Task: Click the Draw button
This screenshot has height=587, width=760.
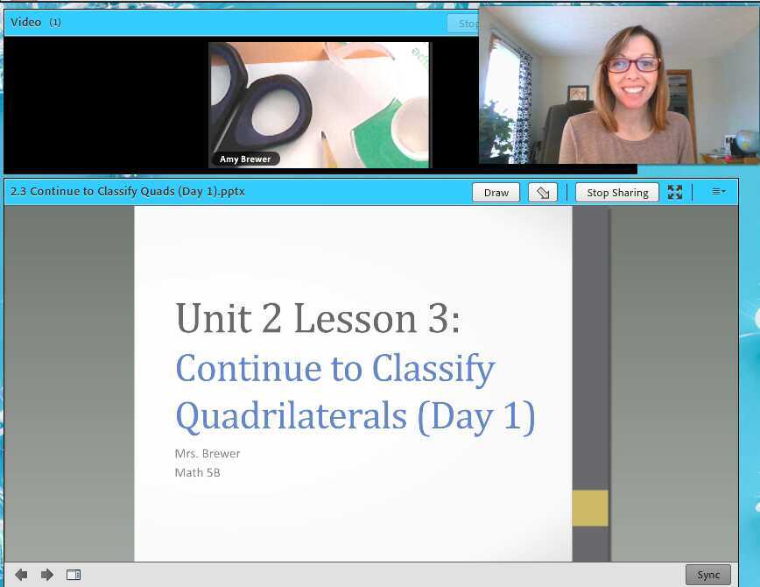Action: (x=496, y=193)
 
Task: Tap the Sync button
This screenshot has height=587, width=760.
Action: (x=707, y=575)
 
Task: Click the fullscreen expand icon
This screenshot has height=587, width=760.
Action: (x=674, y=193)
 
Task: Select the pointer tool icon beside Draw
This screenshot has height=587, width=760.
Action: (x=543, y=193)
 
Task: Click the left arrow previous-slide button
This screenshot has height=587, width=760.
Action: (x=21, y=575)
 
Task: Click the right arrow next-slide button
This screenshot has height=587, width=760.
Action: (x=47, y=575)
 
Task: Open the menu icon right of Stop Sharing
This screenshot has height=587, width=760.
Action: (x=718, y=192)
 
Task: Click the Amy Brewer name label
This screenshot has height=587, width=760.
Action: (x=245, y=159)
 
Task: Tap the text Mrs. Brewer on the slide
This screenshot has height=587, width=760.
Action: (x=208, y=454)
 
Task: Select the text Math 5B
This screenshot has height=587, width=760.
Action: (x=197, y=473)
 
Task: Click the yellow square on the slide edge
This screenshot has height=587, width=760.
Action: (x=589, y=508)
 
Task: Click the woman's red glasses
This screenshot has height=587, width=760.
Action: (x=632, y=65)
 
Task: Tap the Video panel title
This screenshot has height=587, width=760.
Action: (x=25, y=22)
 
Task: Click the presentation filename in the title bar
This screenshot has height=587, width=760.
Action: (x=128, y=192)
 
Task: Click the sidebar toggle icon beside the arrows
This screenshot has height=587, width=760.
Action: (x=74, y=575)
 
